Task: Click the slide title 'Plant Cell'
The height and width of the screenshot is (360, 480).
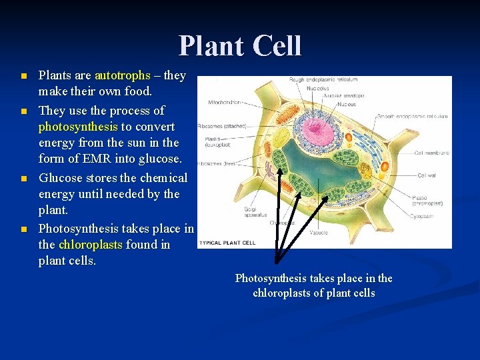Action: (240, 46)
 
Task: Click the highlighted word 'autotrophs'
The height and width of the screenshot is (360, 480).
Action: (123, 75)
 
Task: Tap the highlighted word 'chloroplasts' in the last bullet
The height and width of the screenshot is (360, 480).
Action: (90, 244)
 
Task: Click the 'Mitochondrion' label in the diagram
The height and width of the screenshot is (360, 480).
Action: (225, 103)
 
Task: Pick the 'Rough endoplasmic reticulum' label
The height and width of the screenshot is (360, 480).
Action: (323, 79)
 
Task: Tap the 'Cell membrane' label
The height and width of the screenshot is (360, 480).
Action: (432, 153)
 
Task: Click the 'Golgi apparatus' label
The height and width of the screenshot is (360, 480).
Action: (256, 212)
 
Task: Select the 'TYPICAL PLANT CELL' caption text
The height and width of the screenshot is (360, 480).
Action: (227, 242)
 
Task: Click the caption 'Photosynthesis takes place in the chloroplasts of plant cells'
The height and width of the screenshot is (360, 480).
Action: (313, 285)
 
